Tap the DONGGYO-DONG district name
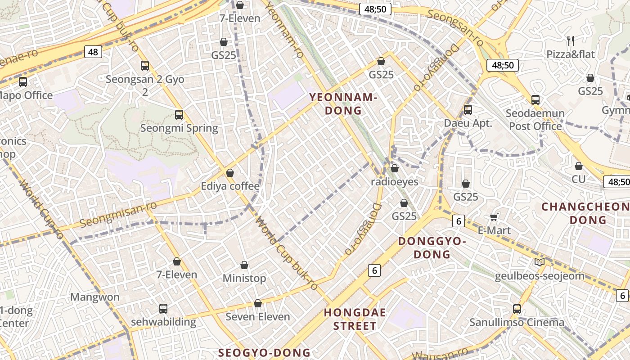pos(432,248)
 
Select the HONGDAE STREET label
pos(355,319)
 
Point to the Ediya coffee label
pos(230,186)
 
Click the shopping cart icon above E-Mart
pos(494,217)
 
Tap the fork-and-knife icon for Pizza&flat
pos(571,41)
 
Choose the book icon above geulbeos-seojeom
pos(539,262)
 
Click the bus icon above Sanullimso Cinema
pos(517,309)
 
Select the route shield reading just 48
pos(93,52)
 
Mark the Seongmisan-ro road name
pos(118,214)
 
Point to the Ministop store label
pos(244,279)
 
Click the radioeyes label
pos(395,182)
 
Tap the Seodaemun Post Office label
pos(535,120)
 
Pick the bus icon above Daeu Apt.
pos(468,110)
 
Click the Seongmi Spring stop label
pos(179,128)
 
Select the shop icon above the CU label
pos(579,166)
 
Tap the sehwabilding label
pos(163,322)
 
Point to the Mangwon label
pos(95,297)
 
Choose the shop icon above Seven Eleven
pos(258,304)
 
